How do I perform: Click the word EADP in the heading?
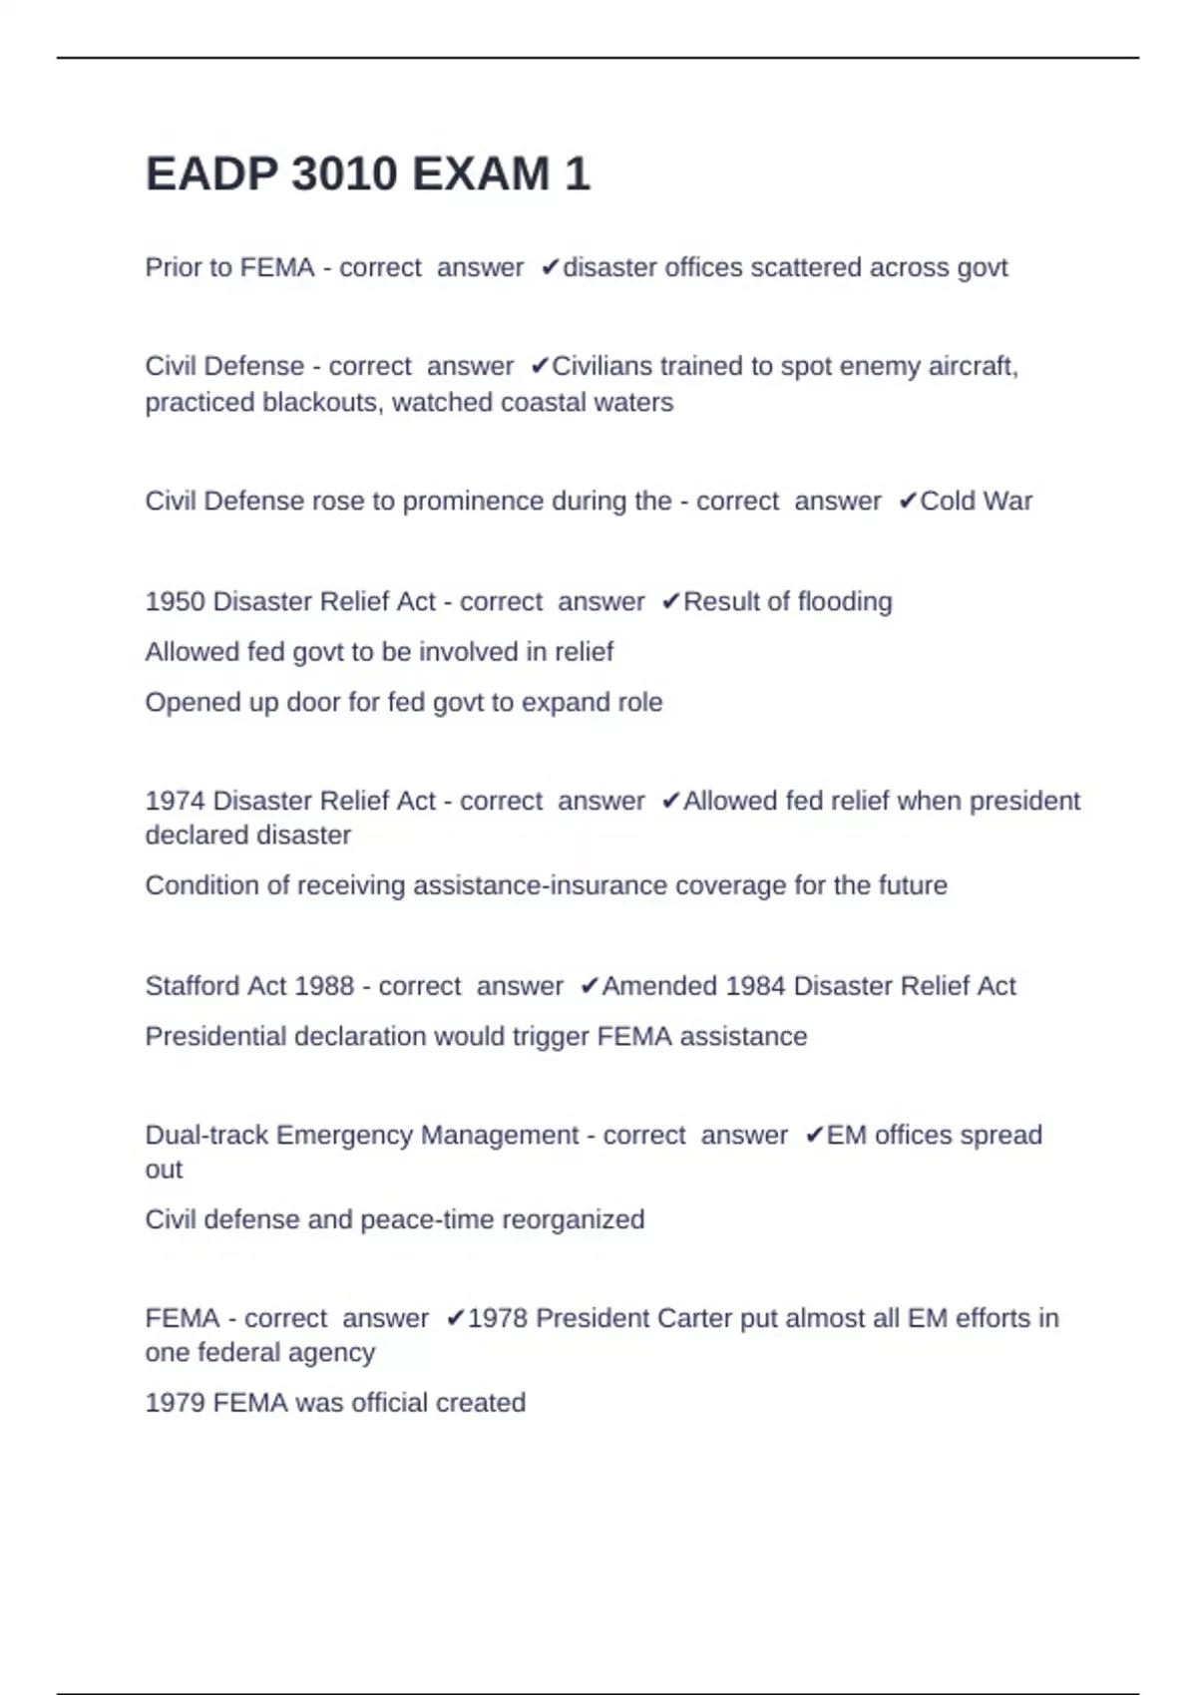pyautogui.click(x=211, y=174)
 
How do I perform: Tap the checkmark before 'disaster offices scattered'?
pyautogui.click(x=550, y=268)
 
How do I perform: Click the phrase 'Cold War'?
pyautogui.click(x=976, y=502)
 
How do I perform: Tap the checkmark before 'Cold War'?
pyautogui.click(x=907, y=502)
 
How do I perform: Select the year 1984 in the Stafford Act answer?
pyautogui.click(x=755, y=986)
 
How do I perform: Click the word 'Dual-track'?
pyautogui.click(x=206, y=1136)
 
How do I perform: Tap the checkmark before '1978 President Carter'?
pyautogui.click(x=455, y=1319)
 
